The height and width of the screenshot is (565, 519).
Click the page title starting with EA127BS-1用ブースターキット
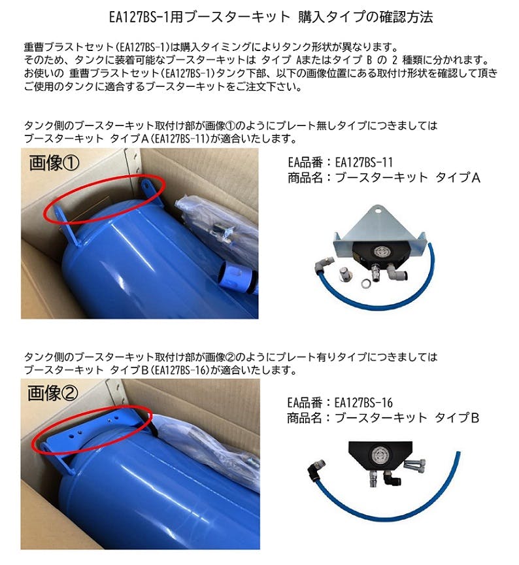271,16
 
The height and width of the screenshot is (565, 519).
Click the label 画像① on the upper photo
54,163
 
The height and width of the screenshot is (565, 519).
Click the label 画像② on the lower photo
52,393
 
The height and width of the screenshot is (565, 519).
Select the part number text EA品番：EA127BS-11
340,162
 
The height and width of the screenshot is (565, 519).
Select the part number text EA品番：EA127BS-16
340,402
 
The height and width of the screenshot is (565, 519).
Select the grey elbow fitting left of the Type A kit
324,265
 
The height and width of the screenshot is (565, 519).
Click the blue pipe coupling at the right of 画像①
237,277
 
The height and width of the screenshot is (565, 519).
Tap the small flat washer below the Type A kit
365,283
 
